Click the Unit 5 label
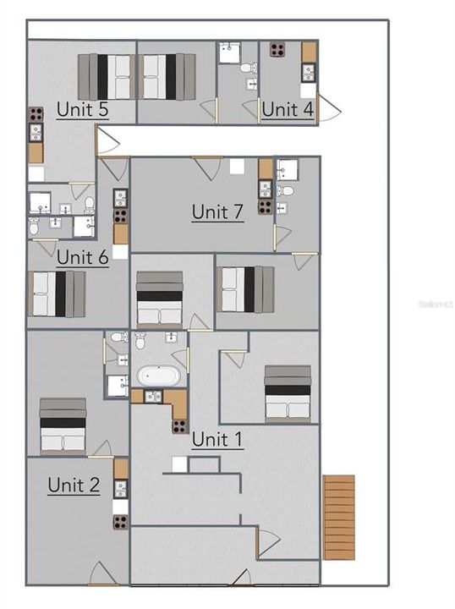82,109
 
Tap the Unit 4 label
288,109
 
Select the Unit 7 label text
217,211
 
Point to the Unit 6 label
82,257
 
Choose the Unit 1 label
217,439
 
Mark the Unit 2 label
74,485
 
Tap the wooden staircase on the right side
338,517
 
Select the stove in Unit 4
277,49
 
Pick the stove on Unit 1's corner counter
180,425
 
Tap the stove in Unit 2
120,521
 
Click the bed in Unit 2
63,425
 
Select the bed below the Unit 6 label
58,294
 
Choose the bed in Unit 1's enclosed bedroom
288,392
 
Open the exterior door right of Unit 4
327,108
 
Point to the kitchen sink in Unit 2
120,488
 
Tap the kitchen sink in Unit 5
36,133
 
